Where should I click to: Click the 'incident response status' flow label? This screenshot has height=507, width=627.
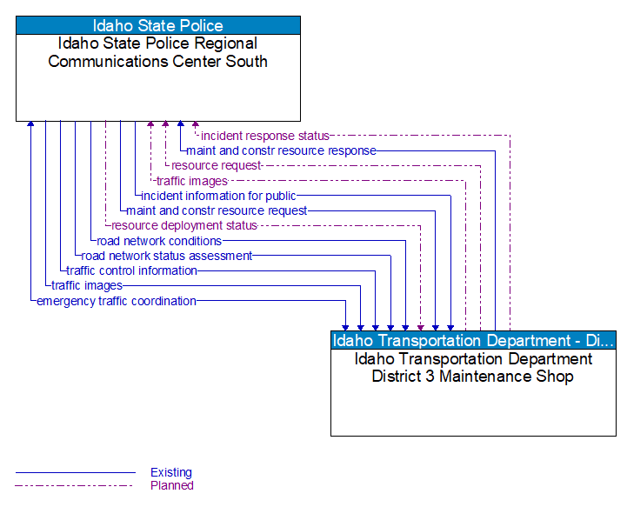point(265,136)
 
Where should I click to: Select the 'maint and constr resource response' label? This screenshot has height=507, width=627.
point(281,150)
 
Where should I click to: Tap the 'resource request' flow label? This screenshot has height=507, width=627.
point(216,165)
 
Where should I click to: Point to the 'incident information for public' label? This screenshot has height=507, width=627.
point(218,196)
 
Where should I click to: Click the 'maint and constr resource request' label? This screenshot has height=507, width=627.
point(217,210)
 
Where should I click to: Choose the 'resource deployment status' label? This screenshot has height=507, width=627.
point(184,225)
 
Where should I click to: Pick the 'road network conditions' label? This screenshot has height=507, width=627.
point(159,241)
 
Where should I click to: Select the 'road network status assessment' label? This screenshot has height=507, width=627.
point(166,256)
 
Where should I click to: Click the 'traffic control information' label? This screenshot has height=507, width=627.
point(132,270)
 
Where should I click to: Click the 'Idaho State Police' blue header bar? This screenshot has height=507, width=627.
point(158,25)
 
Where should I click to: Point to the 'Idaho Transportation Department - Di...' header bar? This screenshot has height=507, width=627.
point(473,340)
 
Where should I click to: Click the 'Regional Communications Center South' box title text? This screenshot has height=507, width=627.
point(158,52)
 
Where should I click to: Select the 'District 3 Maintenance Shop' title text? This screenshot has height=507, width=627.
point(473,368)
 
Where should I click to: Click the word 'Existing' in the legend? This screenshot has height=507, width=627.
point(171,473)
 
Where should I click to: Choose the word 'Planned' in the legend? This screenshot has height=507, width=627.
point(171,485)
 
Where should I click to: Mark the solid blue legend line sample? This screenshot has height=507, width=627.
point(76,473)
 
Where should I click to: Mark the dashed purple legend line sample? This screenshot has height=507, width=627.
point(76,485)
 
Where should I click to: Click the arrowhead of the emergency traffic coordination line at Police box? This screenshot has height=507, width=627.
point(30,124)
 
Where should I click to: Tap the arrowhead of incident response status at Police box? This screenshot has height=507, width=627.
point(196,124)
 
